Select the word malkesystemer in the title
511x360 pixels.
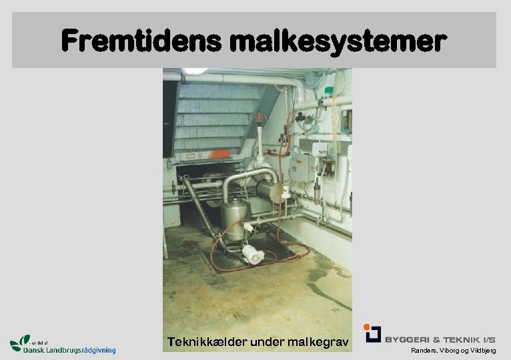tap(336, 41)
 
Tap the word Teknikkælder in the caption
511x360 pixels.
tap(206, 343)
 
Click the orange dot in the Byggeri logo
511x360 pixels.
tap(366, 327)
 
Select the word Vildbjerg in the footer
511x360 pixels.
tap(481, 351)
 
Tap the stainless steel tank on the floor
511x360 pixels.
tap(235, 216)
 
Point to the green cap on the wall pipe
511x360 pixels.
tap(328, 90)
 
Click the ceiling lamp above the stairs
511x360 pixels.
tap(194, 71)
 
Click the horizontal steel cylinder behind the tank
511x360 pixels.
tap(271, 192)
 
